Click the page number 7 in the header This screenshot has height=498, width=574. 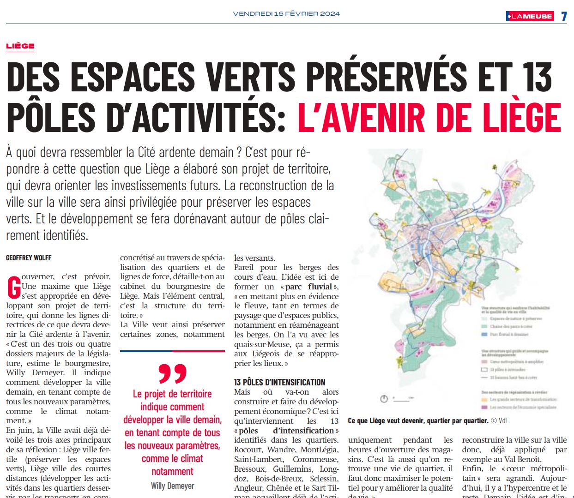coord(564,16)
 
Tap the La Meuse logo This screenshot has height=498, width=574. coord(529,16)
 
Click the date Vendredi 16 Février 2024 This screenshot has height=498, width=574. coord(286,13)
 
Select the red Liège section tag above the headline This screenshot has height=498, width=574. coord(20,46)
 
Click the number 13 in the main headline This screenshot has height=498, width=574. coord(536,77)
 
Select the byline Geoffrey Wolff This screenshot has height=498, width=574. coord(29,258)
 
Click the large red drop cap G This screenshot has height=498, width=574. coord(14,287)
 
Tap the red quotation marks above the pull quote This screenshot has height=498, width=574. coord(172,373)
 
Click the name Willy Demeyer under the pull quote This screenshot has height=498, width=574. coord(172,486)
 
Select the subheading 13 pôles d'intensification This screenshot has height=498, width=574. coord(279,382)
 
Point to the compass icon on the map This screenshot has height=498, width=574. coord(384,398)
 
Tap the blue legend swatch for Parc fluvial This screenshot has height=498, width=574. coord(484,334)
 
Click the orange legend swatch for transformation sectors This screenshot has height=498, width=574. coord(484,400)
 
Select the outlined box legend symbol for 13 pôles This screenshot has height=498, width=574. coord(484,370)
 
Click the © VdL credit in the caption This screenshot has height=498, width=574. coord(499,420)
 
